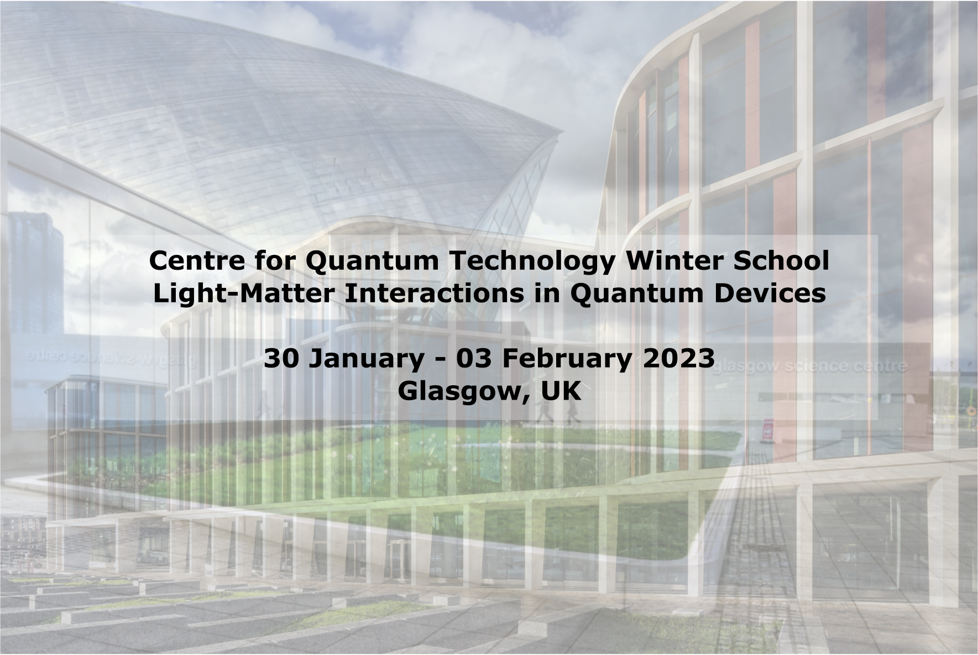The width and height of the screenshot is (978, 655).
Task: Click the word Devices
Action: [770, 294]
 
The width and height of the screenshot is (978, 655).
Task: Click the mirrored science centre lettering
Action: [111, 358]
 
